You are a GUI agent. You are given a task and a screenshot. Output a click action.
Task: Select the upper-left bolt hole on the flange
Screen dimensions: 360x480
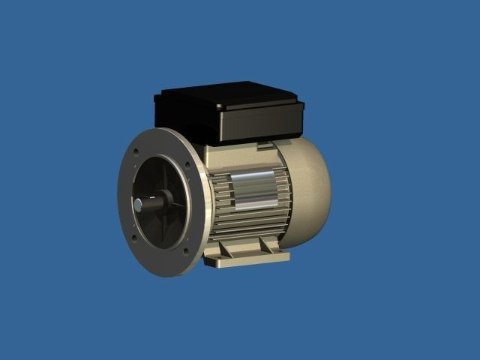coord(136,151)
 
